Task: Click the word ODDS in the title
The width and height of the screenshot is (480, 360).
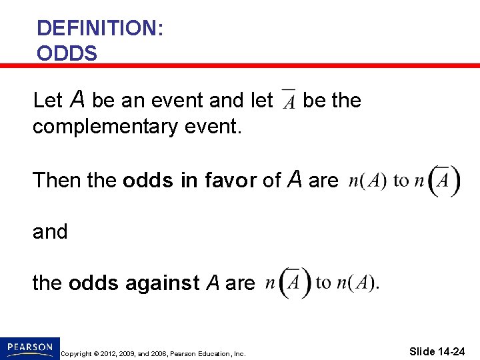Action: click(x=67, y=53)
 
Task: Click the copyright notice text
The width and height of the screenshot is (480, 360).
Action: click(x=153, y=353)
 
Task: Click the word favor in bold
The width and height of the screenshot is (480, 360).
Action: click(x=228, y=180)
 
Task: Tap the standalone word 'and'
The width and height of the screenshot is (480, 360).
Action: click(x=50, y=231)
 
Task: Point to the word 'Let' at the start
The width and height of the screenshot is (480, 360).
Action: click(x=47, y=101)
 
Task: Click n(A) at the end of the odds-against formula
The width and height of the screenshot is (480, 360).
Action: click(x=356, y=283)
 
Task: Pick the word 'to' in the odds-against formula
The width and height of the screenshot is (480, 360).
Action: click(x=323, y=283)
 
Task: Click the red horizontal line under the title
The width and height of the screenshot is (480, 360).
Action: click(x=240, y=65)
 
